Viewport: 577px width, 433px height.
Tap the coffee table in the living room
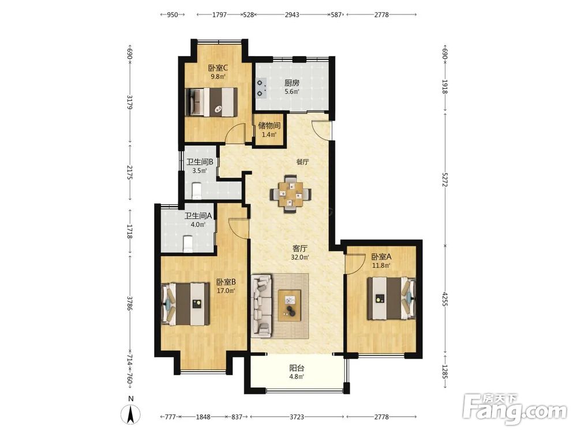[x=290, y=305]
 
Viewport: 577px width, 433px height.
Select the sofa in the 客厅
[x=261, y=306]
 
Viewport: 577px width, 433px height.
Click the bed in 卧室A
[x=392, y=298]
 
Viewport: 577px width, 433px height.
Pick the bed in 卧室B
[x=185, y=304]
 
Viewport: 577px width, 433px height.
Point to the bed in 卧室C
[x=211, y=102]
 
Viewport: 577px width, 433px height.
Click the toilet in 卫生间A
[x=188, y=244]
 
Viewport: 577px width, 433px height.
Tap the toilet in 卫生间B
[x=197, y=190]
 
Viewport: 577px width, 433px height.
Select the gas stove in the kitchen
[x=261, y=88]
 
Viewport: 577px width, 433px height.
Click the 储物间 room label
[x=269, y=125]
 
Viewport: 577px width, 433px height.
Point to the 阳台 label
[x=297, y=368]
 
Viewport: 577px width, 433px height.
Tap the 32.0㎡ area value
[x=300, y=257]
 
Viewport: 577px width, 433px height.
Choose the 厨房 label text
[x=292, y=83]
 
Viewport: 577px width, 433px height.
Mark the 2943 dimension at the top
[x=292, y=15]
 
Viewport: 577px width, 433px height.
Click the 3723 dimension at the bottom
[x=297, y=417]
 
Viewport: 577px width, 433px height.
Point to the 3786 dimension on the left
[x=129, y=304]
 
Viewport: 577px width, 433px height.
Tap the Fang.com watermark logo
[x=515, y=409]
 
